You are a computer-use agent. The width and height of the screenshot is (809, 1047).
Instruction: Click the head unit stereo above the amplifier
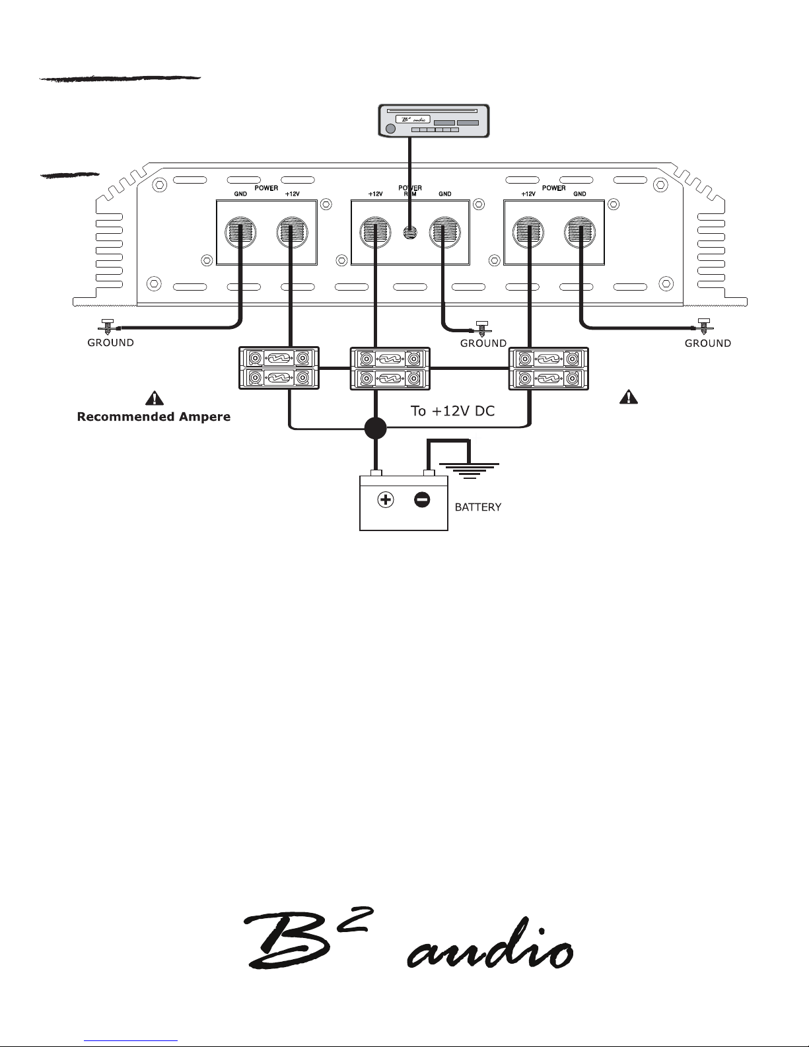[x=434, y=121]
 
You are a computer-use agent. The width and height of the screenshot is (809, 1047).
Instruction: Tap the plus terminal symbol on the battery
[x=385, y=499]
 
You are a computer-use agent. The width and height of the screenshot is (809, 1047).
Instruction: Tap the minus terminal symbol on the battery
[x=422, y=500]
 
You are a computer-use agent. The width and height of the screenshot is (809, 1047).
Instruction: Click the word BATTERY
[x=477, y=507]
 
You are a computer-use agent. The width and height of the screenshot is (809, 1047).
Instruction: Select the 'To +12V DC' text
[x=452, y=411]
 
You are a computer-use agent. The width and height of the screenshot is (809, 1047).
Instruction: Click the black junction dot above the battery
[x=375, y=428]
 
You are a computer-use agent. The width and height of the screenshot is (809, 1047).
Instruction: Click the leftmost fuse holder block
[x=279, y=368]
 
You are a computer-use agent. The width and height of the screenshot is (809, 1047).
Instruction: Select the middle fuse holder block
[x=390, y=369]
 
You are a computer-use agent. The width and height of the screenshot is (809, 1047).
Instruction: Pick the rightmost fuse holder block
[x=549, y=369]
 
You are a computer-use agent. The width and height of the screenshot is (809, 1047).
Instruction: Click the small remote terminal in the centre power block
[x=410, y=233]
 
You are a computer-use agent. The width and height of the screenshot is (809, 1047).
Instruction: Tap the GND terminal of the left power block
[x=240, y=233]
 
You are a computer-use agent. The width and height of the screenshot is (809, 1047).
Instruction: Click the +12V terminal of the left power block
[x=292, y=233]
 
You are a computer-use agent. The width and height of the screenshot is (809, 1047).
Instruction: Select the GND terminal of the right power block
[x=580, y=233]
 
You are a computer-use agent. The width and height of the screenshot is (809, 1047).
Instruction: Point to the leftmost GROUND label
[x=110, y=343]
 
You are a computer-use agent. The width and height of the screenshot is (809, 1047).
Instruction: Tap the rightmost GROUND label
[x=708, y=343]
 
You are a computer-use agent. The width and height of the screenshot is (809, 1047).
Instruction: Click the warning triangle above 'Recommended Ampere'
[x=154, y=398]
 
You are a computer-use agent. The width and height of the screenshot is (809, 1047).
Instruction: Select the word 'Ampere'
[x=205, y=417]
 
